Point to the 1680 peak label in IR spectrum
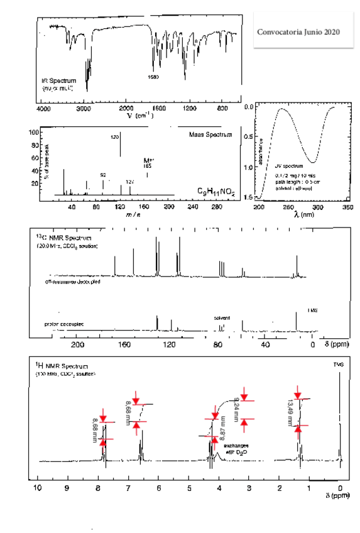153,77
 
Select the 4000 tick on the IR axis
45,109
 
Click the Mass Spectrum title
210,135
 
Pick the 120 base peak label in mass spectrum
115,136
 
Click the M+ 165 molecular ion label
148,163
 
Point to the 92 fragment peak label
103,173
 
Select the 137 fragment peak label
130,182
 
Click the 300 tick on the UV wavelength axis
317,206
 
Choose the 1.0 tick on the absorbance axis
249,167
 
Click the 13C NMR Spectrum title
63,238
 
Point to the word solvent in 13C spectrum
222,317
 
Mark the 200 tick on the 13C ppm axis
78,344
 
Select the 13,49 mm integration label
290,412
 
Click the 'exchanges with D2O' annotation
236,449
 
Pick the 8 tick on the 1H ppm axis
97,487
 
